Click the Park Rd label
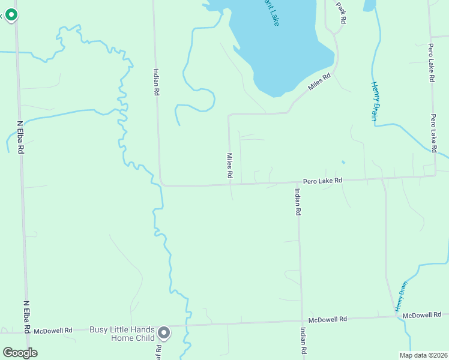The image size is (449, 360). pyautogui.click(x=342, y=13)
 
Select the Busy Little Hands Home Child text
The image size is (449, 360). pyautogui.click(x=122, y=334)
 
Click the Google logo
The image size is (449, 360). pyautogui.click(x=20, y=353)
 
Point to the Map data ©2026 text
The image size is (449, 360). pyautogui.click(x=423, y=355)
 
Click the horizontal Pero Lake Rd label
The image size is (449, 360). pyautogui.click(x=322, y=180)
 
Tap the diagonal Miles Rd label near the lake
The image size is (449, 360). pyautogui.click(x=319, y=82)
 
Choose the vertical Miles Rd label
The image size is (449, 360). pyautogui.click(x=229, y=166)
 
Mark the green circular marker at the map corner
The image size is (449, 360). pyautogui.click(x=10, y=14)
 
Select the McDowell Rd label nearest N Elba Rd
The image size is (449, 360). pyautogui.click(x=53, y=330)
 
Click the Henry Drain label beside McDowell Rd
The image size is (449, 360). pyautogui.click(x=401, y=296)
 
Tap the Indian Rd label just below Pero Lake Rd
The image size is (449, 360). pyautogui.click(x=297, y=202)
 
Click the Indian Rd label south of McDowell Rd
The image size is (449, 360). pyautogui.click(x=304, y=341)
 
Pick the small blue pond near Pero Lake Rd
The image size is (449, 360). pyautogui.click(x=343, y=162)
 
